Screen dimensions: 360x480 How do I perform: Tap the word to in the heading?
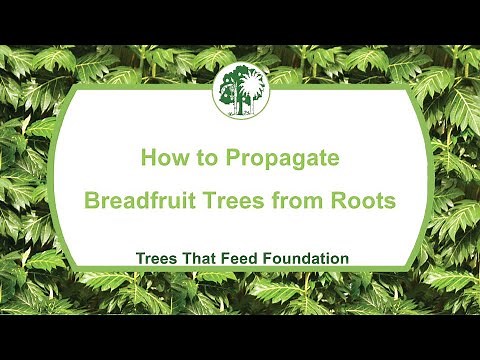[x=203, y=158]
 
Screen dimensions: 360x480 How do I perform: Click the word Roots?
[x=366, y=200]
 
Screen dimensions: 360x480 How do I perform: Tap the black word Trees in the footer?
[x=156, y=258]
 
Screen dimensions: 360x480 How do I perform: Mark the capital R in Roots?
[x=340, y=200]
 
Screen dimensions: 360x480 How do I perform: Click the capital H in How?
[x=146, y=158]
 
